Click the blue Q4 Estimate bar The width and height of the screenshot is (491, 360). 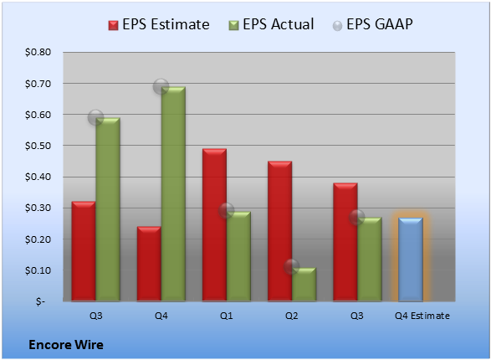(x=411, y=260)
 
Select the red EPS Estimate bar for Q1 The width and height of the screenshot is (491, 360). (x=214, y=225)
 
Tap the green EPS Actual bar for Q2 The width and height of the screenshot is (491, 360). (x=304, y=285)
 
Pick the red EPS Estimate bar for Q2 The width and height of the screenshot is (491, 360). (x=280, y=231)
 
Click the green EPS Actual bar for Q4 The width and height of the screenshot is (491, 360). (x=173, y=194)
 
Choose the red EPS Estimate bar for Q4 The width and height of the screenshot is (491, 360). (x=149, y=264)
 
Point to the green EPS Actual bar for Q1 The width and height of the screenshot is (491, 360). (x=238, y=256)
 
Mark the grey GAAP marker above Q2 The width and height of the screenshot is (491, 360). (x=292, y=267)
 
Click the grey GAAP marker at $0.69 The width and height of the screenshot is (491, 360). (x=161, y=86)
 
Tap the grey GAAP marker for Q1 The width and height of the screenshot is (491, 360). (x=227, y=210)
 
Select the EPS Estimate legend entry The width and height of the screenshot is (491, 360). (x=159, y=24)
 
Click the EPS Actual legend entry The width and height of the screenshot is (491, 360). (x=271, y=24)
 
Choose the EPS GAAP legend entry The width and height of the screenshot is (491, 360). (x=372, y=24)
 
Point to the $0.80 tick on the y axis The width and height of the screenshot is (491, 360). (x=38, y=52)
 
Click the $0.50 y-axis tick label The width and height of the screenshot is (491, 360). (x=38, y=146)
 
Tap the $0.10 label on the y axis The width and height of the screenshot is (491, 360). (x=38, y=270)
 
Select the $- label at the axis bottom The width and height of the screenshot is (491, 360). (x=40, y=301)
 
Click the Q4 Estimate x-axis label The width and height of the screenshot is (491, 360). (x=422, y=316)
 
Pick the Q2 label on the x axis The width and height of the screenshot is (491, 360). (x=292, y=316)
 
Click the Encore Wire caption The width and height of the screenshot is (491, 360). (x=66, y=345)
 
